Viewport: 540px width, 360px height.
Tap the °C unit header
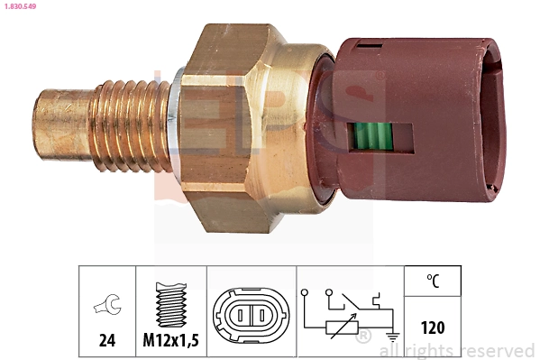[434, 282]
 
